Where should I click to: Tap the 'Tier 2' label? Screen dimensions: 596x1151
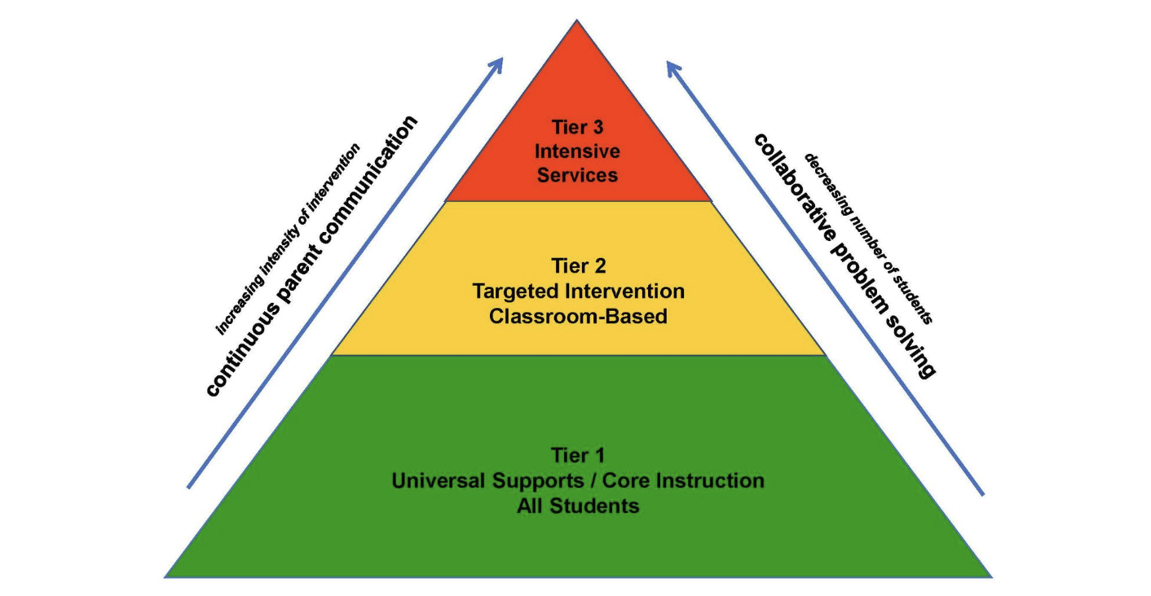[x=577, y=266]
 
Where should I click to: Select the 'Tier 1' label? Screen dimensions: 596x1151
[x=577, y=455]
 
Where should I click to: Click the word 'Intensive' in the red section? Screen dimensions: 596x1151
[x=577, y=151]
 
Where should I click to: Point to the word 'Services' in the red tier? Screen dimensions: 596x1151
[x=577, y=174]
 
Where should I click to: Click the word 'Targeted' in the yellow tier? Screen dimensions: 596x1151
[x=518, y=291]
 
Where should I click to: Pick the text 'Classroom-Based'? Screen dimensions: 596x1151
[x=577, y=316]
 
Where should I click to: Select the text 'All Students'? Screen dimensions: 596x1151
[x=577, y=506]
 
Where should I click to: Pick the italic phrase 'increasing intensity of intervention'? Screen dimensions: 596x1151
[x=287, y=240]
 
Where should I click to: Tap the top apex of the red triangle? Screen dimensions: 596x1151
[x=577, y=22]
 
